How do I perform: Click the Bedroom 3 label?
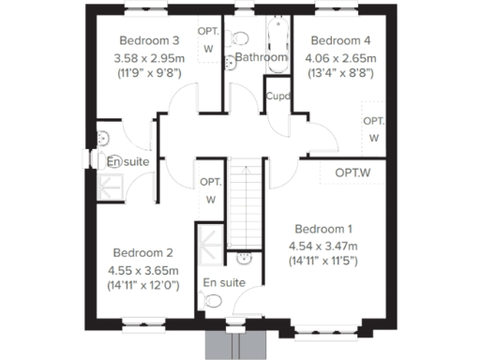pyautogui.click(x=150, y=40)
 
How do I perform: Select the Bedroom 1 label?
pyautogui.click(x=323, y=230)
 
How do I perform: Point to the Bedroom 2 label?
pyautogui.click(x=142, y=252)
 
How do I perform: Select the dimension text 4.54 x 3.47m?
pyautogui.click(x=323, y=246)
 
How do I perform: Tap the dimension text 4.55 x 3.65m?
pyautogui.click(x=142, y=268)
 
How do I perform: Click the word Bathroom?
pyautogui.click(x=261, y=57)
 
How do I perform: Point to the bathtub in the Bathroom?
pyautogui.click(x=276, y=37)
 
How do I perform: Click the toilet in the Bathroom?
pyautogui.click(x=240, y=38)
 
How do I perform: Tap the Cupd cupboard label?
pyautogui.click(x=277, y=97)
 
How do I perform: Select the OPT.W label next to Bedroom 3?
pyautogui.click(x=208, y=39)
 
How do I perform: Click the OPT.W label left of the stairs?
pyautogui.click(x=211, y=190)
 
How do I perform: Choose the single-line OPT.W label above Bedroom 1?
pyautogui.click(x=352, y=172)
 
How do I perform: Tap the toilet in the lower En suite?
pyautogui.click(x=213, y=302)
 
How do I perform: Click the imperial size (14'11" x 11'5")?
pyautogui.click(x=323, y=262)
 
